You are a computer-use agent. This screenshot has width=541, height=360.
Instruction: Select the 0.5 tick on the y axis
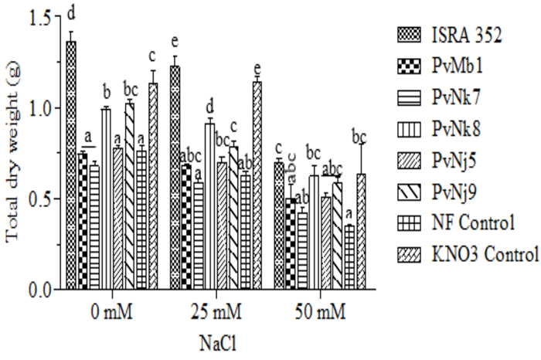click(x=37, y=199)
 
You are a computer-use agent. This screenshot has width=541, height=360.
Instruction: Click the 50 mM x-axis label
click(x=321, y=312)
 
